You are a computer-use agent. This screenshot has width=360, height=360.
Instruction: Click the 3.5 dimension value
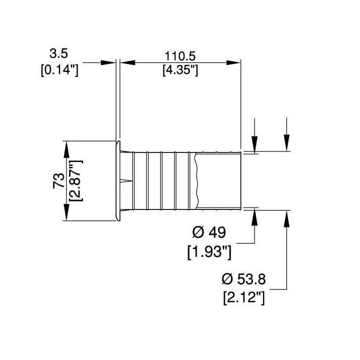(59, 53)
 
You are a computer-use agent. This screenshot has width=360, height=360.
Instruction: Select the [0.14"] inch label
(59, 70)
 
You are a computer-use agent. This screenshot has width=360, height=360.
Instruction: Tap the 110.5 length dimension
(180, 56)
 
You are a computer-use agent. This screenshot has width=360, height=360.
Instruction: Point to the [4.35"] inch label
(180, 70)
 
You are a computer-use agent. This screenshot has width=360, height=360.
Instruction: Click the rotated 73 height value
(58, 180)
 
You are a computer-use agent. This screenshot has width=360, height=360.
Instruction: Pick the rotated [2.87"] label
(75, 180)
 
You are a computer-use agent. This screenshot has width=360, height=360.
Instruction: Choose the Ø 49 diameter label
(209, 232)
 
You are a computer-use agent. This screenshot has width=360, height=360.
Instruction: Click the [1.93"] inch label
(209, 252)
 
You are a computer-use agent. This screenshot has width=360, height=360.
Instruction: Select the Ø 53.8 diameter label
(244, 279)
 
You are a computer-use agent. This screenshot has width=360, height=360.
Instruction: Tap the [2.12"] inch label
(244, 298)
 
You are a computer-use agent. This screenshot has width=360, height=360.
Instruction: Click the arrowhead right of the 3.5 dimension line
(108, 62)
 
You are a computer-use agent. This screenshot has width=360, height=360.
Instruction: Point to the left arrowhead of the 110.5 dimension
(127, 62)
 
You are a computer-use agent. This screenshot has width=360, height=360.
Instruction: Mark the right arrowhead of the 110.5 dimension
(233, 62)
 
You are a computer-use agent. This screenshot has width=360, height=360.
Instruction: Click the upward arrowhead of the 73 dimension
(66, 149)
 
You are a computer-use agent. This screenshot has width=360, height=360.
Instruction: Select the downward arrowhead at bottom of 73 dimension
(66, 212)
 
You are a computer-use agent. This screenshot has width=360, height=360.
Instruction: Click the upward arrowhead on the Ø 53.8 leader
(286, 219)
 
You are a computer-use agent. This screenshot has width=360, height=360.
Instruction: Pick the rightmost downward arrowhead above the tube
(286, 143)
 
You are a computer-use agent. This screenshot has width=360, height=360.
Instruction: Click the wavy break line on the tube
(196, 181)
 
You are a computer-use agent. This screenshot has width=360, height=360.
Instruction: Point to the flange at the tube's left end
(117, 180)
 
